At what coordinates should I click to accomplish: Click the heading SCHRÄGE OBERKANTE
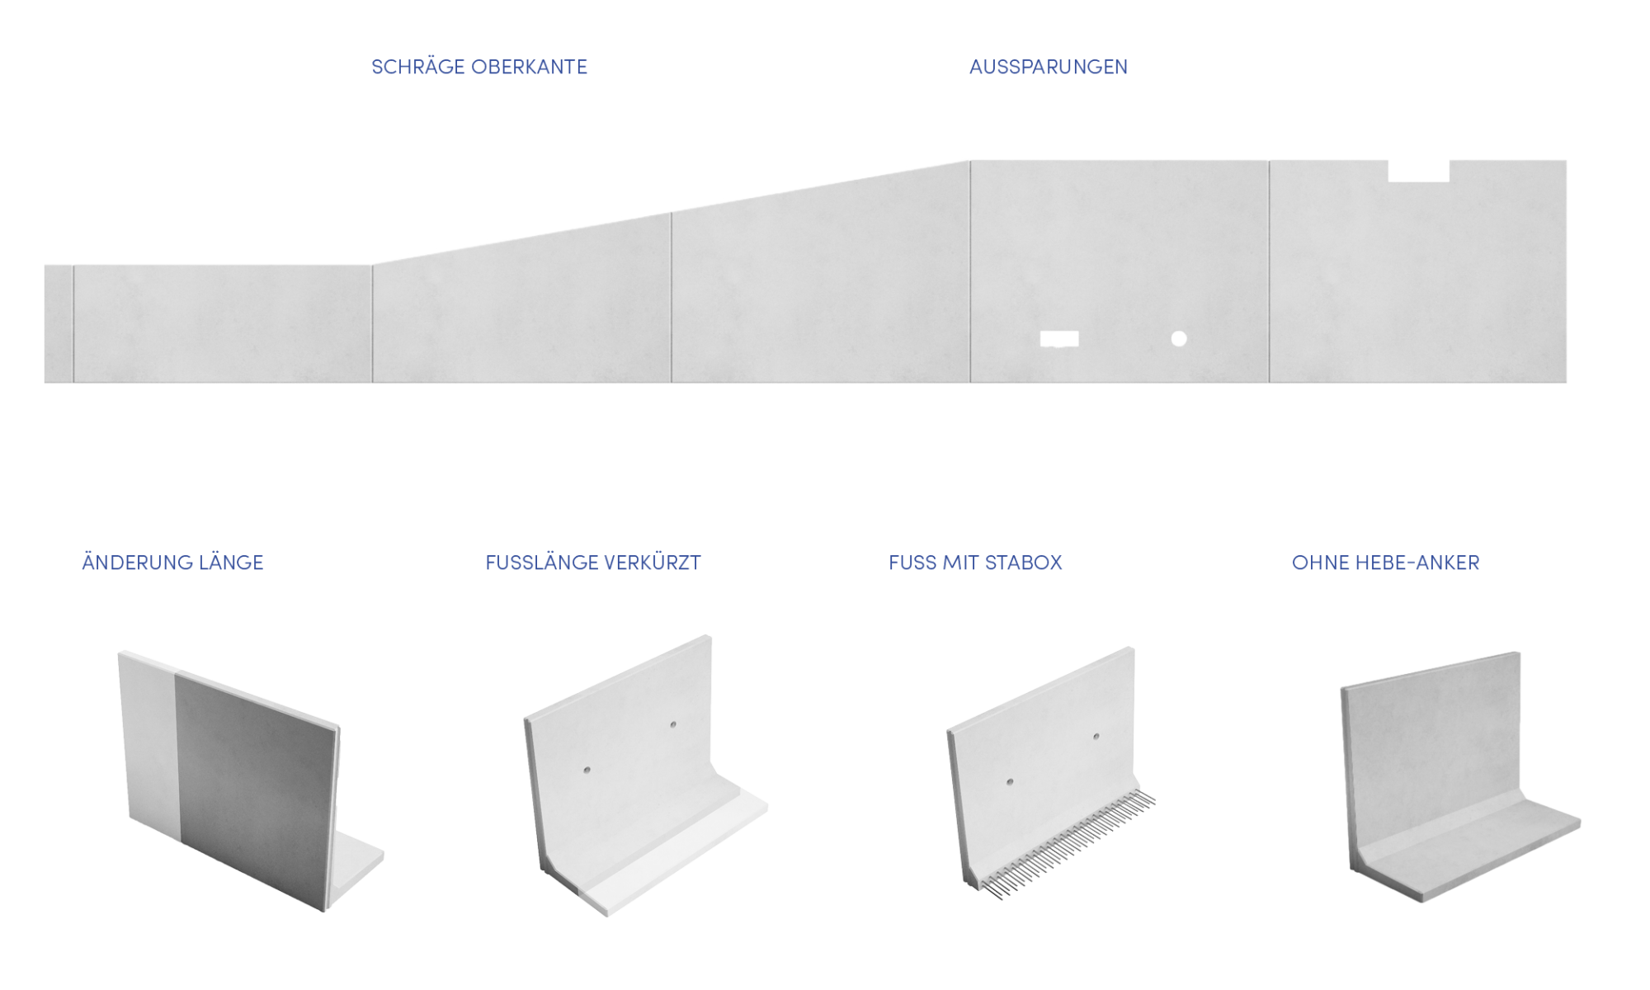(479, 67)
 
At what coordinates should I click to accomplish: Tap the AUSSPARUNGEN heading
(1049, 67)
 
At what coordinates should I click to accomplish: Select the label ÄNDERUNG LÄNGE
(172, 562)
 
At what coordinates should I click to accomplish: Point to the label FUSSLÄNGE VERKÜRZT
(593, 562)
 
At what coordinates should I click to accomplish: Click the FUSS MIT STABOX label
(975, 563)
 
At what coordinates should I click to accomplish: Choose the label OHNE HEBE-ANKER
(1386, 563)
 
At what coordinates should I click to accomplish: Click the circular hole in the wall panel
(1179, 338)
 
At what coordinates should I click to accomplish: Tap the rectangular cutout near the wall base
(1059, 339)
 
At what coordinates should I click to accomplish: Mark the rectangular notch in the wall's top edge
(1419, 171)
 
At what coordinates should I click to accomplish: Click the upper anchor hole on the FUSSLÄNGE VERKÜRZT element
(673, 724)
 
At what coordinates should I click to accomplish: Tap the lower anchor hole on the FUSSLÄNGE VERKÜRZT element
(587, 770)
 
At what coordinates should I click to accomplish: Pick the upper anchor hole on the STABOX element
(1096, 736)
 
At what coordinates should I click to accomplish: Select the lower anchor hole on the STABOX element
(1010, 780)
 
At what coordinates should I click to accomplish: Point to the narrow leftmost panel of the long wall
(59, 323)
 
